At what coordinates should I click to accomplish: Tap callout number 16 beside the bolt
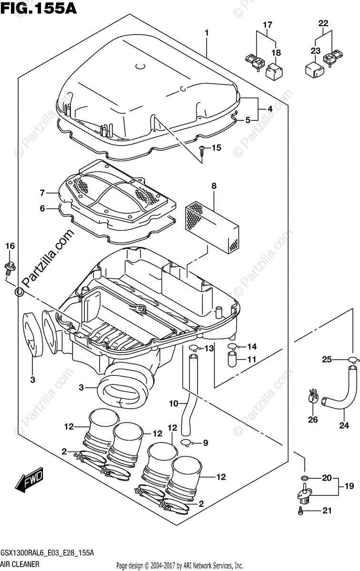pos(10,246)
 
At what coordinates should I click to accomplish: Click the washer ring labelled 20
pos(304,478)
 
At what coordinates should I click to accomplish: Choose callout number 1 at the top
pos(207,33)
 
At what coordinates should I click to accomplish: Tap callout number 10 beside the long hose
pos(174,404)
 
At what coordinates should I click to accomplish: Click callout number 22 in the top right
pos(323,23)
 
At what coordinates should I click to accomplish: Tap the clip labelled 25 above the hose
pos(351,360)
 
